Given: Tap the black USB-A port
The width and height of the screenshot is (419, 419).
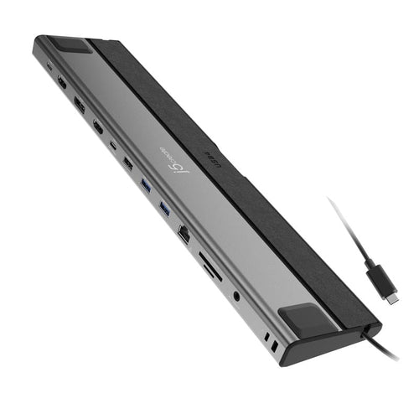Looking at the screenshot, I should pyautogui.click(x=128, y=163).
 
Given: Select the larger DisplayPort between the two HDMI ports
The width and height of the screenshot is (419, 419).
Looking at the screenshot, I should pyautogui.click(x=80, y=105).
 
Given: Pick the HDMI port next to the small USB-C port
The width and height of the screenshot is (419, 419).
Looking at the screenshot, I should pyautogui.click(x=98, y=127).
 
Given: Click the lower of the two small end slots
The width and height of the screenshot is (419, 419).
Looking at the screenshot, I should pyautogui.click(x=273, y=346).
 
